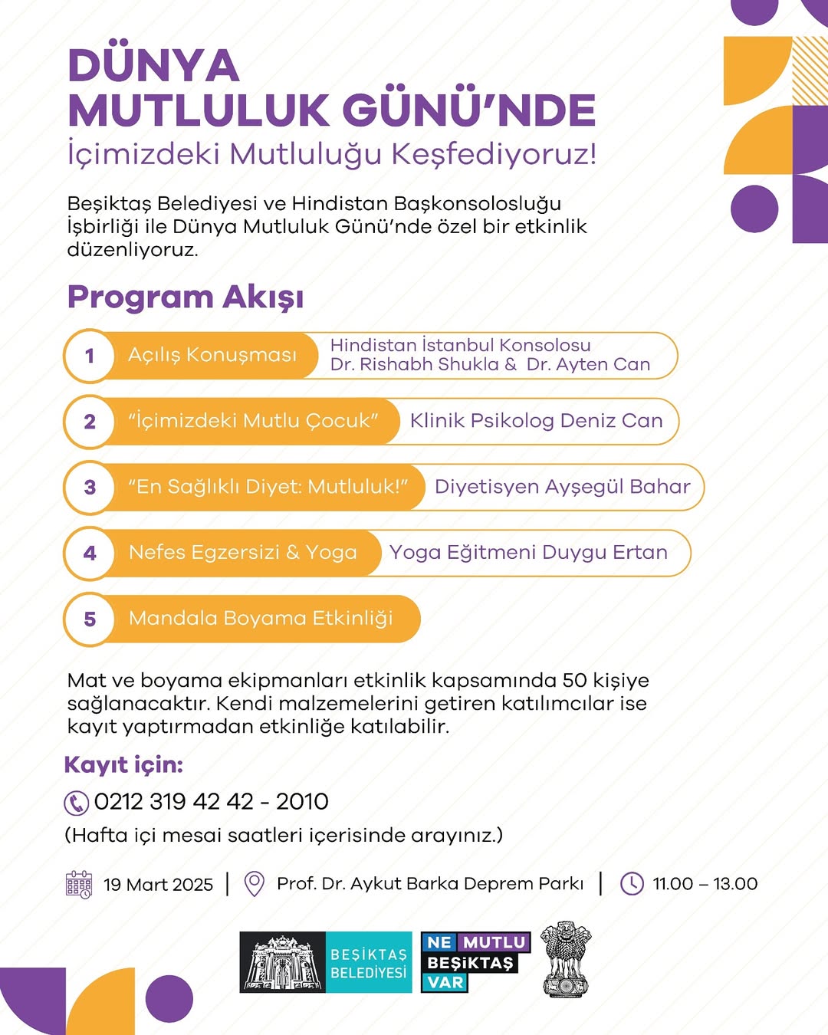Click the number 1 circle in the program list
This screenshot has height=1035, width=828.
[x=90, y=356]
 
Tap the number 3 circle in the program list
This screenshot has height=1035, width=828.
[x=90, y=487]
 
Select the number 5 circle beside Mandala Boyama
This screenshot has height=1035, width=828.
[x=90, y=619]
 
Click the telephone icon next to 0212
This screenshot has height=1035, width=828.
[x=76, y=803]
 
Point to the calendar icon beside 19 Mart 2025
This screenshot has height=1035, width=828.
[x=79, y=884]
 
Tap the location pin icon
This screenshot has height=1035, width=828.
[x=254, y=884]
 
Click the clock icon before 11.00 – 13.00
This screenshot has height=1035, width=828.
[x=632, y=884]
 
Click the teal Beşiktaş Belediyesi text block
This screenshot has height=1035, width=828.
[x=369, y=963]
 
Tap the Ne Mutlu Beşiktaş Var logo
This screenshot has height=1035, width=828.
[x=475, y=962]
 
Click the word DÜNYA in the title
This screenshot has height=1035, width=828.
[x=153, y=66]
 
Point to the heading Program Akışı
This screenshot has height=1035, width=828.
[x=186, y=297]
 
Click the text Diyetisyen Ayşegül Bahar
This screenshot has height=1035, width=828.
[x=562, y=487]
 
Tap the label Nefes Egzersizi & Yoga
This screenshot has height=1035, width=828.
[x=242, y=553]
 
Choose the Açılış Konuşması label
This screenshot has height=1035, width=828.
[x=212, y=355]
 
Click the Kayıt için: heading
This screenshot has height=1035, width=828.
[x=123, y=764]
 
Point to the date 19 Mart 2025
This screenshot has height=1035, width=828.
[x=158, y=885]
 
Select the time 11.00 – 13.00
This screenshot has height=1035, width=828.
[x=705, y=884]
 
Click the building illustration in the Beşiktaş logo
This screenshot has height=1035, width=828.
[x=282, y=963]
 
